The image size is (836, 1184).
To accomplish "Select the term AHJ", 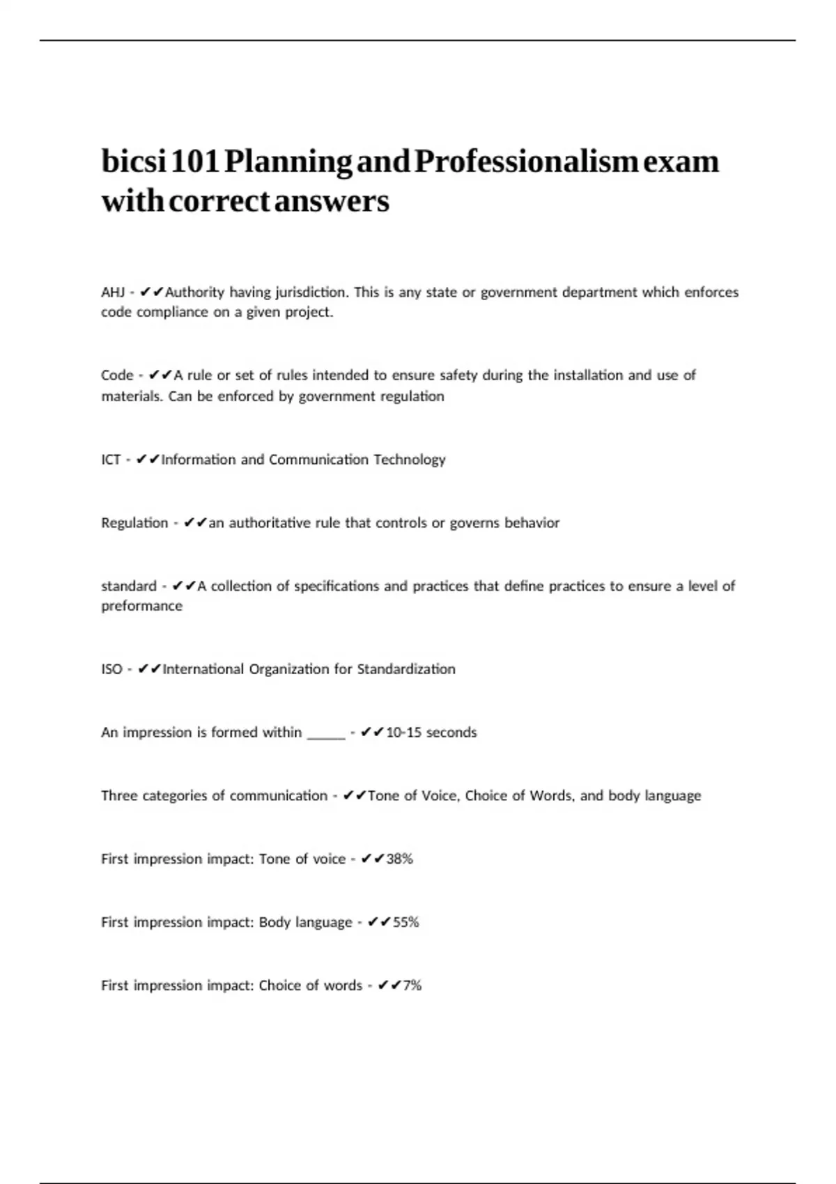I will coord(112,293).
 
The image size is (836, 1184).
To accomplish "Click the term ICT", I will coord(111,460).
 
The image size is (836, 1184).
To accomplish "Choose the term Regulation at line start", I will coord(134,523).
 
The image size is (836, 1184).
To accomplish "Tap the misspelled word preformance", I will coord(141,606).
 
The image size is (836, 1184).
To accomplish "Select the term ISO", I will coord(111,669).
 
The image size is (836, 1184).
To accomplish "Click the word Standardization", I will coord(406,669).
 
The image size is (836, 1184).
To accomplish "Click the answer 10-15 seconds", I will coord(431,733).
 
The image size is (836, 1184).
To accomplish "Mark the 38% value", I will coord(400,859).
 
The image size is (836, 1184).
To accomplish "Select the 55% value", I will coord(406,923).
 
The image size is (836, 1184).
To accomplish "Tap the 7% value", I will coord(412,986).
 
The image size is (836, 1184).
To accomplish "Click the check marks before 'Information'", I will coord(148,460).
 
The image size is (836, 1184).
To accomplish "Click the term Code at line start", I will coord(117,375).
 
